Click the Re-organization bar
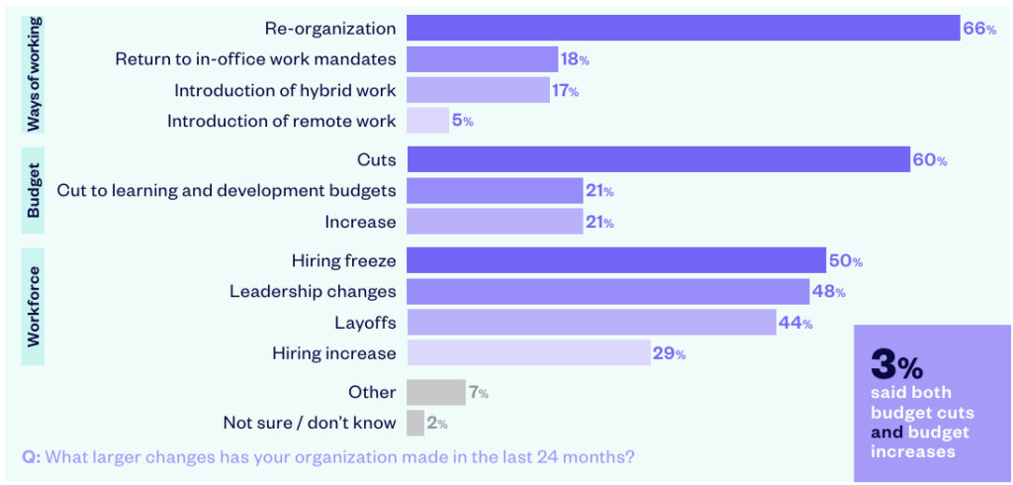coord(683,29)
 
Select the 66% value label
coord(978,29)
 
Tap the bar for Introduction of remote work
coord(427,121)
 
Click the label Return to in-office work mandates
coord(255,59)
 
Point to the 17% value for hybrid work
coord(566,91)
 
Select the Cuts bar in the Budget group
coord(658,159)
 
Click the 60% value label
coord(929,160)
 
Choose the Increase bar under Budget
coord(495,222)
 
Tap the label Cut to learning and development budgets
coord(227,190)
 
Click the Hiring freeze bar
coord(615,261)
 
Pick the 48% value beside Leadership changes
coord(829,292)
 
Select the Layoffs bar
coord(591,323)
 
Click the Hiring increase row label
coord(333,353)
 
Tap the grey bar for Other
coord(435,393)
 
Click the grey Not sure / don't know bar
coord(414,424)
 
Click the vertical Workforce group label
coord(34,306)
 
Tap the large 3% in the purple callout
coord(896,365)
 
